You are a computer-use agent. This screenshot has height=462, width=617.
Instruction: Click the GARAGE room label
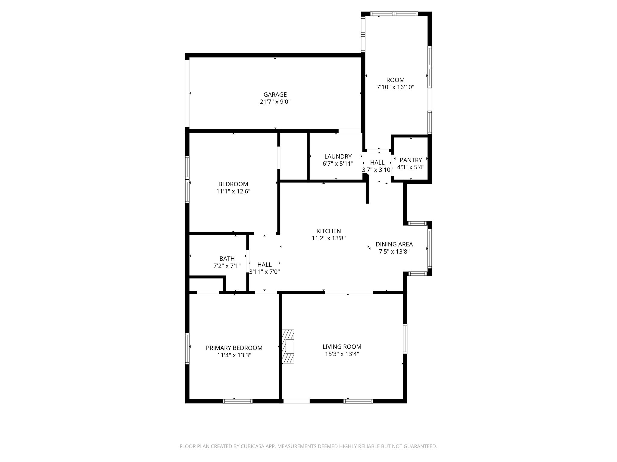click(275, 95)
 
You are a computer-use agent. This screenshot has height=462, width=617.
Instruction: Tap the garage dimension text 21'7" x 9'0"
click(275, 102)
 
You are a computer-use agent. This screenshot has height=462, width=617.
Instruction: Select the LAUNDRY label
click(338, 156)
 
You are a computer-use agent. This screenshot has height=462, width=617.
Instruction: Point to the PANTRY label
click(411, 160)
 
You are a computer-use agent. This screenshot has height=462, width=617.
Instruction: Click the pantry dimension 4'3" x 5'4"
click(411, 167)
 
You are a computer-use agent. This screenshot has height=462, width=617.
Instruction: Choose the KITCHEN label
click(328, 231)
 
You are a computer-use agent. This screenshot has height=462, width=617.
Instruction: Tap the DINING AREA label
click(394, 244)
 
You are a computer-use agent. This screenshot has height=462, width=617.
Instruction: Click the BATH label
click(227, 259)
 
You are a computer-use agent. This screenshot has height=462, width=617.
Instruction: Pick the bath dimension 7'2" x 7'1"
click(227, 266)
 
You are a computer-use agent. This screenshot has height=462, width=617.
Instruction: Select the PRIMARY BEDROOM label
click(234, 348)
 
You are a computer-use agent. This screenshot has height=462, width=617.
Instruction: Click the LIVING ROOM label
click(342, 347)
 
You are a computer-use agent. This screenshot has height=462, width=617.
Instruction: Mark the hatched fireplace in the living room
click(288, 346)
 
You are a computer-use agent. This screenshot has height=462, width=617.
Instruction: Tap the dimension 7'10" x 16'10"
click(395, 87)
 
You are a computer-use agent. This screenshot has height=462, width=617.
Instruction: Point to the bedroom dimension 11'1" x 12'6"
click(233, 191)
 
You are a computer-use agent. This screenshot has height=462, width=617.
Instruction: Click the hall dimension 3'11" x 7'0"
click(265, 272)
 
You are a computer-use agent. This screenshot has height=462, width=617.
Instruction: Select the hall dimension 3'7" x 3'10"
click(377, 170)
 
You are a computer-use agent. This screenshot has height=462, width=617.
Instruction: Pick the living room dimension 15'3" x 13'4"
click(342, 354)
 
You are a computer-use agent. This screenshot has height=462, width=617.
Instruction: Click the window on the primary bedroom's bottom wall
click(237, 401)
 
